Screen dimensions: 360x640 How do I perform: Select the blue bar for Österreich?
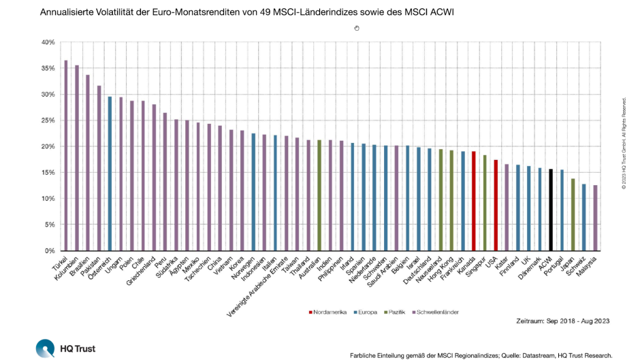pyautogui.click(x=110, y=174)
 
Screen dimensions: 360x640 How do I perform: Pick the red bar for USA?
pyautogui.click(x=495, y=205)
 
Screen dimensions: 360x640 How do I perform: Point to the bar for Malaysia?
pyautogui.click(x=594, y=218)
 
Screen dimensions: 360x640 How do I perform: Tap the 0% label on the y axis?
pyautogui.click(x=49, y=251)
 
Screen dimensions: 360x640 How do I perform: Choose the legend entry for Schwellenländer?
pyautogui.click(x=435, y=312)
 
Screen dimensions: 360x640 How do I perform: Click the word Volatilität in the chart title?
pyautogui.click(x=126, y=12)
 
